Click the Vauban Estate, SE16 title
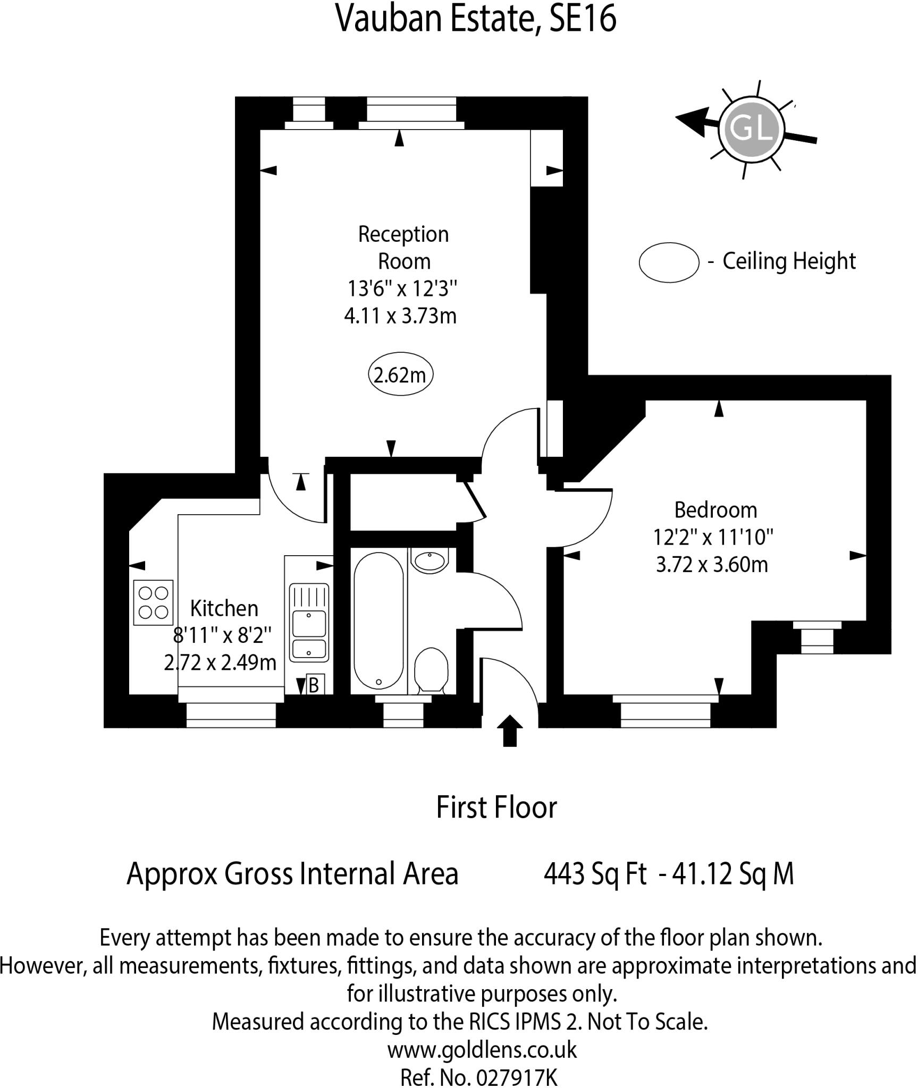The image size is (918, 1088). pos(476,19)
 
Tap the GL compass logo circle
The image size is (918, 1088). pos(752,129)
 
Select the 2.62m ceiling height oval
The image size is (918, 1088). pos(400,375)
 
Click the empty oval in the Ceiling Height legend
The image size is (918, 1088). pos(669,261)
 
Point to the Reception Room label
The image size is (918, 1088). pos(403,248)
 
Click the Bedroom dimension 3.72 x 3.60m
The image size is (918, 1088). pos(712,565)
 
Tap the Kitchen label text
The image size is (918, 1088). pos(224,608)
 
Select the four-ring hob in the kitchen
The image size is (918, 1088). pos(153,602)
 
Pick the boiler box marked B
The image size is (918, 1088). pos(314,685)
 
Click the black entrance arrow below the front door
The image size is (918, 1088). pos(510,731)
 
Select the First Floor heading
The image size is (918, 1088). pos(496,808)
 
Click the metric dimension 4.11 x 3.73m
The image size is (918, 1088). pos(400,316)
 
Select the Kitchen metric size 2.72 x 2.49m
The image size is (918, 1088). pos(220,662)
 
